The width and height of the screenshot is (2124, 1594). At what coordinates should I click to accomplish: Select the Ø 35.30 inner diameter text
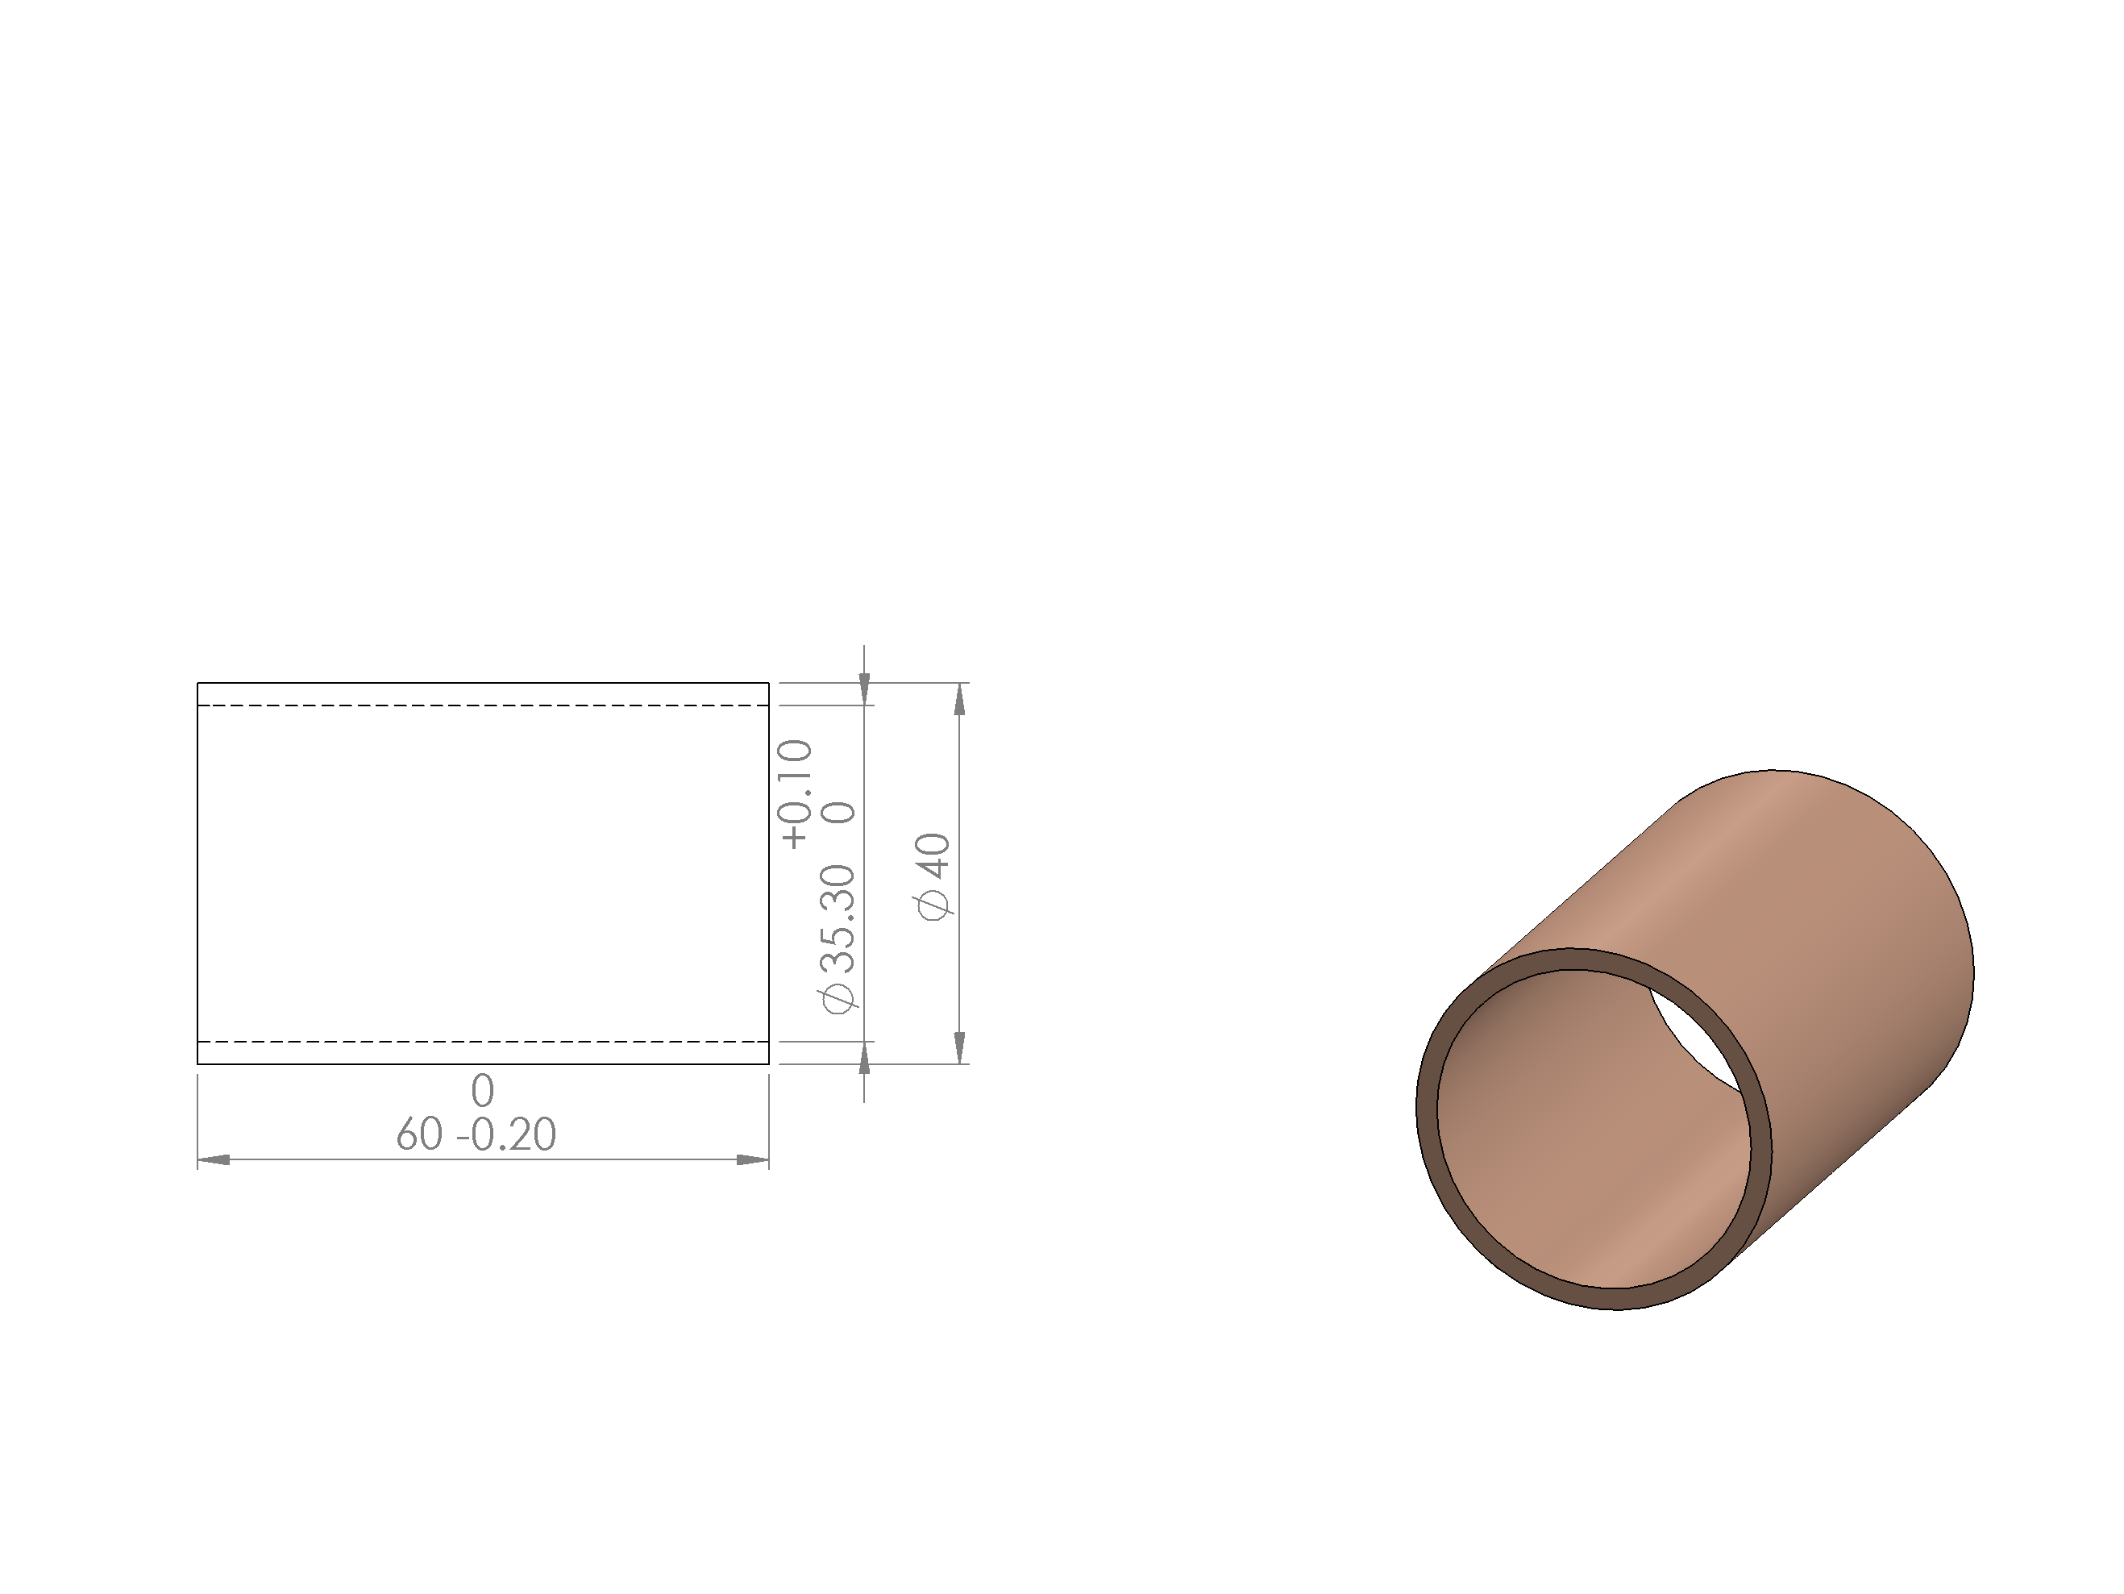(x=837, y=939)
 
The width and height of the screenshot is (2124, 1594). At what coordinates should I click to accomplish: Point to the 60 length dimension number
(x=420, y=1135)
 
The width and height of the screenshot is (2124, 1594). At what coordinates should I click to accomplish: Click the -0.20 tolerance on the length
(x=506, y=1135)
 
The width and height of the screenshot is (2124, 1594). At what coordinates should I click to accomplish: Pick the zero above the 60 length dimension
(x=483, y=1091)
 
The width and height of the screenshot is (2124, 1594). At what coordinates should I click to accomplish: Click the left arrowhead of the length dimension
(x=213, y=1160)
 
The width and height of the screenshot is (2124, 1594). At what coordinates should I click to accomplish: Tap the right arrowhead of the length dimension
(x=753, y=1160)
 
